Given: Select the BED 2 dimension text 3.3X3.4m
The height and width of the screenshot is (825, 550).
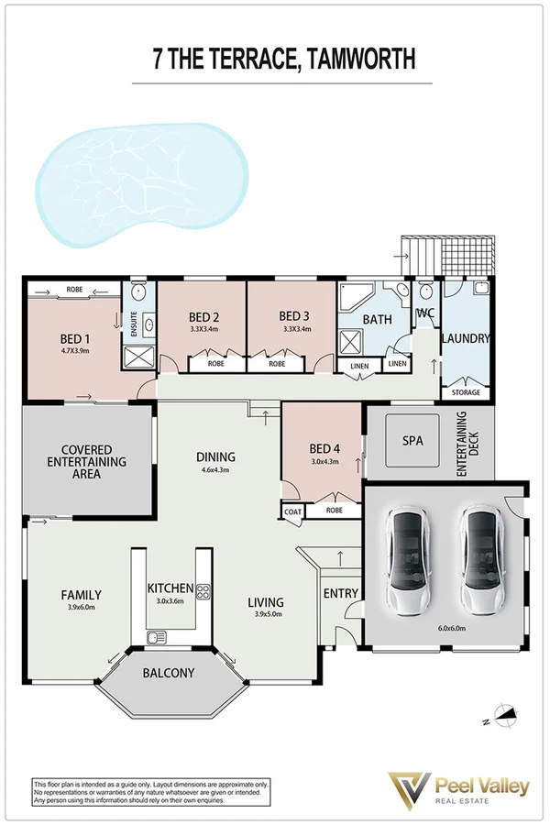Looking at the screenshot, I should pos(203,329).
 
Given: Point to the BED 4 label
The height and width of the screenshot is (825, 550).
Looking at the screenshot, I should pos(324,448).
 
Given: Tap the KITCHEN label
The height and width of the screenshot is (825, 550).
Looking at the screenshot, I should pos(170,588).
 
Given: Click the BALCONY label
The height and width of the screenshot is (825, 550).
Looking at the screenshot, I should pos(168,673).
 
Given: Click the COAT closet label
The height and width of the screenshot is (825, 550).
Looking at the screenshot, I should pos(292,511).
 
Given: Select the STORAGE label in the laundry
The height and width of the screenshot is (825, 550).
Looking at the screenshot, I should pos(465,393).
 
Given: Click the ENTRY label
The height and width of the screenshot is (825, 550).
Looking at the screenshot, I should pos(341,593).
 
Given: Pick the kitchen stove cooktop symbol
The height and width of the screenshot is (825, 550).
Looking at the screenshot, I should pos(204,592).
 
